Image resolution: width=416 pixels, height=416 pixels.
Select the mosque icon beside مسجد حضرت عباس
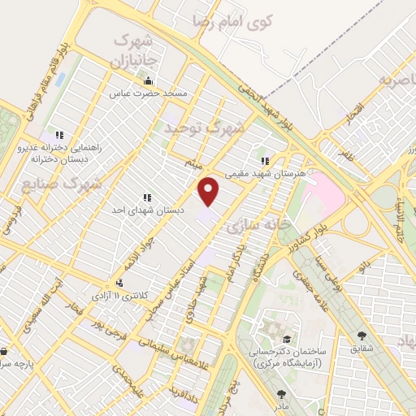click(148, 82)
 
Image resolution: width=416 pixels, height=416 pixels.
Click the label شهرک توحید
click(205, 128)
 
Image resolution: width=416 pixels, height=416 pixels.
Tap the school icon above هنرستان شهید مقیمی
click(265, 161)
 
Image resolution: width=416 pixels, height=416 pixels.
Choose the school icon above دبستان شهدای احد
click(147, 197)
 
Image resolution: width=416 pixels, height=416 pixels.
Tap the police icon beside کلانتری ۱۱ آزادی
click(120, 284)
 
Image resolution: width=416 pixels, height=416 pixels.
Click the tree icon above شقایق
click(362, 335)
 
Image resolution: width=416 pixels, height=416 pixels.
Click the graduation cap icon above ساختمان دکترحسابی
click(286, 339)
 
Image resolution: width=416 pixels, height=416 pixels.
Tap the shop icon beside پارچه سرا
click(5, 352)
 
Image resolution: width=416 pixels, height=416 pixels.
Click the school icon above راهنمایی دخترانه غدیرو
click(58, 135)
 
